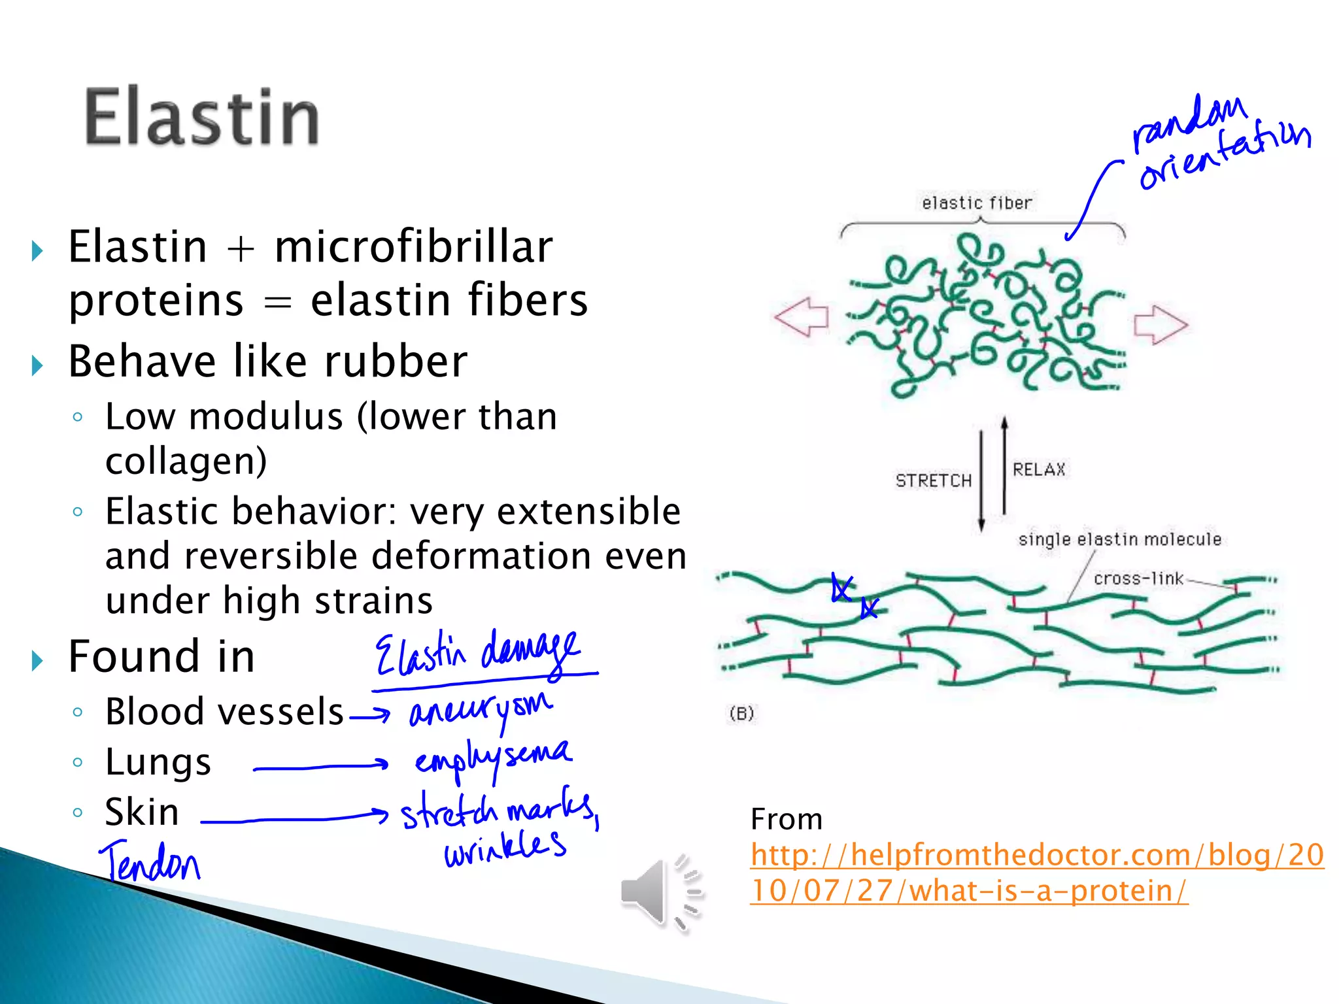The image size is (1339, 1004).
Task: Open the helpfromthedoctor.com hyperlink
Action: click(x=1036, y=873)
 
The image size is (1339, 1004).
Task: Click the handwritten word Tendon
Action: click(x=150, y=862)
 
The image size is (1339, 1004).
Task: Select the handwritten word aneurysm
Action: click(x=481, y=711)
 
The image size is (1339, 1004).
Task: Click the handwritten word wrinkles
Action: click(x=505, y=848)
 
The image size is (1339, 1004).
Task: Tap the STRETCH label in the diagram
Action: click(x=933, y=481)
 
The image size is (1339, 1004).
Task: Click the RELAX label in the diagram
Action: click(x=1038, y=469)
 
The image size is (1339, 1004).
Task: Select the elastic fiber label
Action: click(x=977, y=203)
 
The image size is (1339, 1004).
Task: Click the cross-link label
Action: click(x=1138, y=578)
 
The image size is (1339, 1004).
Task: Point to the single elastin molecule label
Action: click(x=1119, y=539)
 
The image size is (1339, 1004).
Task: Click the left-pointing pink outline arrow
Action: click(x=802, y=318)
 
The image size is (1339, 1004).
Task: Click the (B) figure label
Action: click(x=741, y=713)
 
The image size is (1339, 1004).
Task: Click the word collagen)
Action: click(x=186, y=461)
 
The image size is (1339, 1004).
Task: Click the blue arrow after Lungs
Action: click(x=320, y=767)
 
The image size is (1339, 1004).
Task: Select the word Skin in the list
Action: click(x=142, y=812)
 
